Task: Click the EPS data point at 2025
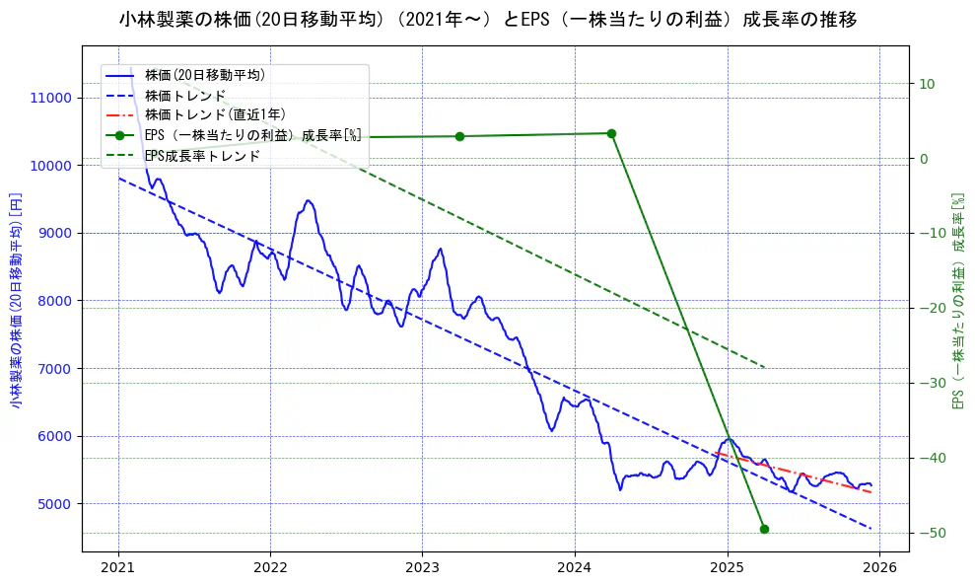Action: click(x=764, y=529)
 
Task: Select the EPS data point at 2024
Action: click(x=611, y=133)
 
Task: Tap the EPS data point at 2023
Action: click(x=459, y=136)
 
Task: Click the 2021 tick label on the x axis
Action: click(x=118, y=569)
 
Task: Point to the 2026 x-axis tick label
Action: click(x=879, y=569)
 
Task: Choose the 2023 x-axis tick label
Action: click(x=422, y=569)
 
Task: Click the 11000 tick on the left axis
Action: click(x=51, y=98)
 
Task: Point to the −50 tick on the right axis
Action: click(x=931, y=534)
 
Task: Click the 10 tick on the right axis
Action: click(x=927, y=84)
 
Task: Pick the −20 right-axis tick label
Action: click(x=931, y=309)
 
